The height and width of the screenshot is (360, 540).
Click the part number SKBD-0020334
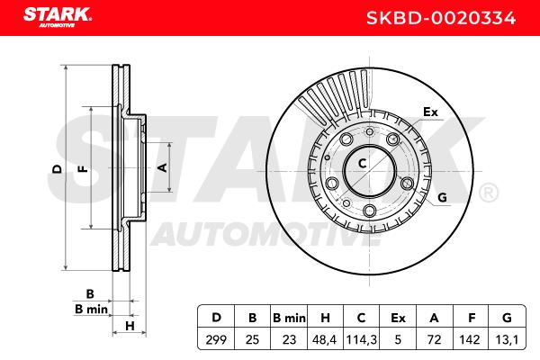tap(441, 18)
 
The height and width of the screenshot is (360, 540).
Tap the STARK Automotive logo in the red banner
tap(58, 17)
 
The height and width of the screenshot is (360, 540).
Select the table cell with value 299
tap(216, 340)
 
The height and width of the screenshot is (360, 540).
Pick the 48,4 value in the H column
tap(324, 340)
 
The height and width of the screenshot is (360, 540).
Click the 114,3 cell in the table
tap(361, 340)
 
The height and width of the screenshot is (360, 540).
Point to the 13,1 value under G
tap(507, 340)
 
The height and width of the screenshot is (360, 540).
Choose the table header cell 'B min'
tap(289, 318)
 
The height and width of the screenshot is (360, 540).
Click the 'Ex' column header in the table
tap(398, 318)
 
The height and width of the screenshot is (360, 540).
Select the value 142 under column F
tap(470, 340)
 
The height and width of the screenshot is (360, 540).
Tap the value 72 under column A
tap(434, 340)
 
